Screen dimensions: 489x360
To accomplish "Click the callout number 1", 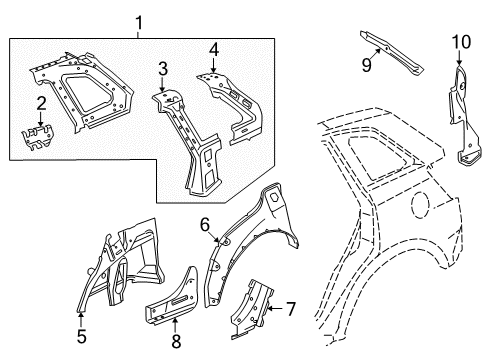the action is pyautogui.click(x=139, y=23).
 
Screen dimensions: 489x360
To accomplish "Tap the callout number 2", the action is pyautogui.click(x=41, y=104).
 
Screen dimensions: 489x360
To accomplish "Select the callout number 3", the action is pyautogui.click(x=163, y=69).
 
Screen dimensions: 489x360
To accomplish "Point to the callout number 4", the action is pyautogui.click(x=214, y=50).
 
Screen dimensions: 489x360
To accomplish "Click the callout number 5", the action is pyautogui.click(x=82, y=336).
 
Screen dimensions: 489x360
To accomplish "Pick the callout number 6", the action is pyautogui.click(x=205, y=225).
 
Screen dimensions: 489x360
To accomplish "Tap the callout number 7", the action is pyautogui.click(x=291, y=309).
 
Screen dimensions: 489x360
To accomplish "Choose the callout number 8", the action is pyautogui.click(x=176, y=341).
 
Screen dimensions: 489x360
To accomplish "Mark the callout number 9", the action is pyautogui.click(x=367, y=65).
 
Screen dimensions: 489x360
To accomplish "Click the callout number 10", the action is pyautogui.click(x=461, y=42).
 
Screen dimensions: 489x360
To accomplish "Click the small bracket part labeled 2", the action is pyautogui.click(x=38, y=137).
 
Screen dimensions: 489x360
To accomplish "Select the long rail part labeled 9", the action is pyautogui.click(x=392, y=53).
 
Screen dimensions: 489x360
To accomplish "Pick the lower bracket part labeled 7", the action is pyautogui.click(x=252, y=308).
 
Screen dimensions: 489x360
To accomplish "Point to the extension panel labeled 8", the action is pyautogui.click(x=172, y=297).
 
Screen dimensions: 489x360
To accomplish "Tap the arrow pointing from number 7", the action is pyautogui.click(x=275, y=309).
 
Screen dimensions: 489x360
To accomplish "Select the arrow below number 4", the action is pyautogui.click(x=214, y=65).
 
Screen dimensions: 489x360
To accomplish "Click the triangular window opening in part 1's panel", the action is pyautogui.click(x=87, y=93).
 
